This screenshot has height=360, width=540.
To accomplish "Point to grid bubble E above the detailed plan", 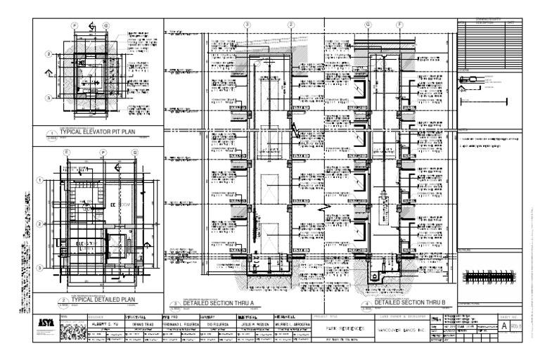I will [x=67, y=152].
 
